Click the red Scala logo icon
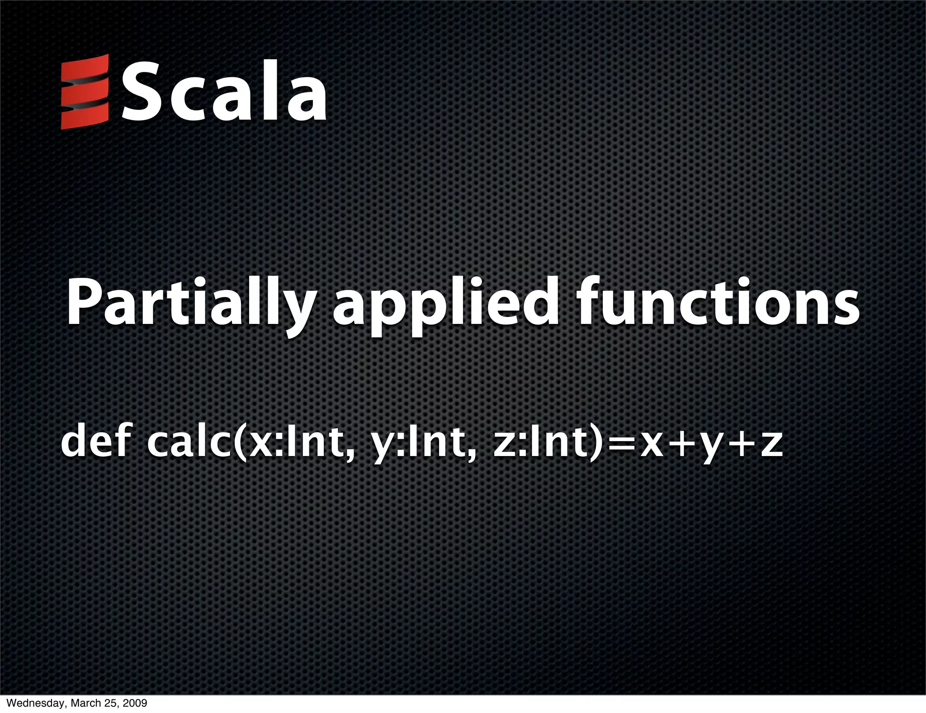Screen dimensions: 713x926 (85, 92)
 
